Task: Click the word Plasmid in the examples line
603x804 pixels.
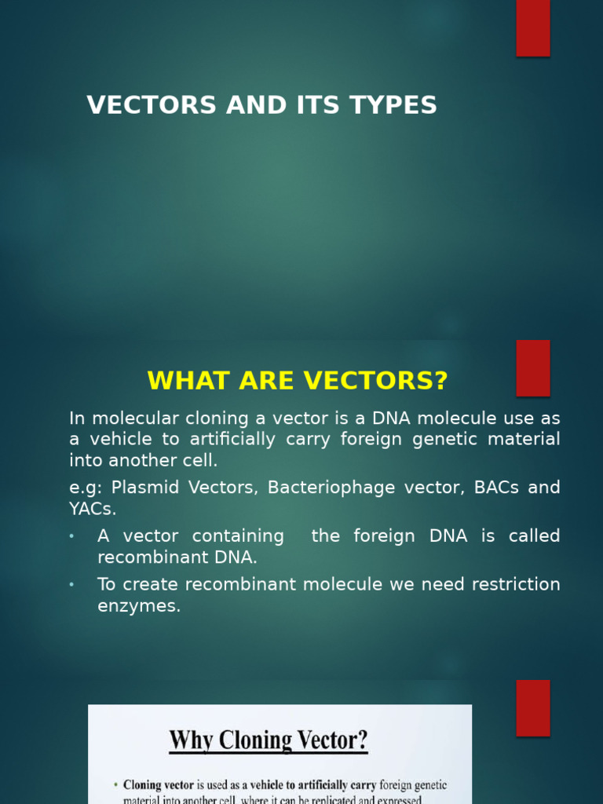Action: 141,488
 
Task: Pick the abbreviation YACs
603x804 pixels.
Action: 91,509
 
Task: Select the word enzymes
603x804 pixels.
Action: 138,606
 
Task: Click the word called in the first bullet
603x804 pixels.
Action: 534,536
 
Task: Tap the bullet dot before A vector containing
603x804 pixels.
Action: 71,536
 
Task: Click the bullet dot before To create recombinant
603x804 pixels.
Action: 71,585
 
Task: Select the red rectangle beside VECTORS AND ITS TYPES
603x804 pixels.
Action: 532,27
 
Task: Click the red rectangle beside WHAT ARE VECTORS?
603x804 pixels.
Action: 532,367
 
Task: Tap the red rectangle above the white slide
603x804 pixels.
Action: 532,707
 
